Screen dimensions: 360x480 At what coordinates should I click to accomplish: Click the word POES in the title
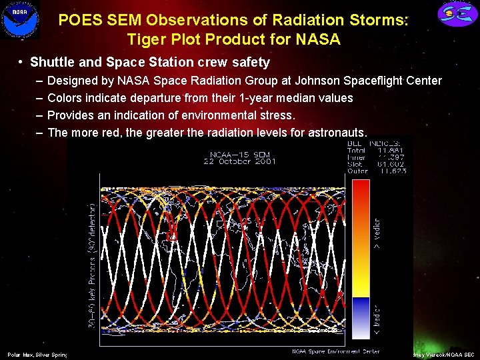click(79, 21)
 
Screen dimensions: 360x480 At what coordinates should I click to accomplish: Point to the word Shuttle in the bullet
click(53, 63)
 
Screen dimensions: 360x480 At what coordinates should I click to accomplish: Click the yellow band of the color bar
click(360, 288)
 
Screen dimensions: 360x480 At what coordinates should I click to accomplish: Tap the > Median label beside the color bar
click(377, 233)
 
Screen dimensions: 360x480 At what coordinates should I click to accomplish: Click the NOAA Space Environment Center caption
click(335, 351)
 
